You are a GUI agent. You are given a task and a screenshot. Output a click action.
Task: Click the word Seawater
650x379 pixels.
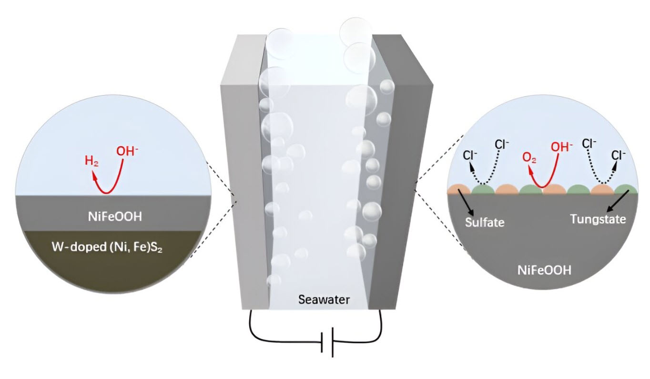[x=324, y=300]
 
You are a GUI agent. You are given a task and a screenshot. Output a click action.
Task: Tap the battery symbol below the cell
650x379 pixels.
[x=327, y=342]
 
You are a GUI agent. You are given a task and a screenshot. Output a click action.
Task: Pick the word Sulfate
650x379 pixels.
[x=484, y=222]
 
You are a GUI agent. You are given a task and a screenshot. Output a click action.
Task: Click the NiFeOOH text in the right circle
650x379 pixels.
[x=545, y=270]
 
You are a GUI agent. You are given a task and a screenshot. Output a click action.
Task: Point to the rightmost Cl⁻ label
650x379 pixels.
[x=618, y=155]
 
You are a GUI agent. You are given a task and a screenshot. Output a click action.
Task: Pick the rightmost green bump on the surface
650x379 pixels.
[x=624, y=190]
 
